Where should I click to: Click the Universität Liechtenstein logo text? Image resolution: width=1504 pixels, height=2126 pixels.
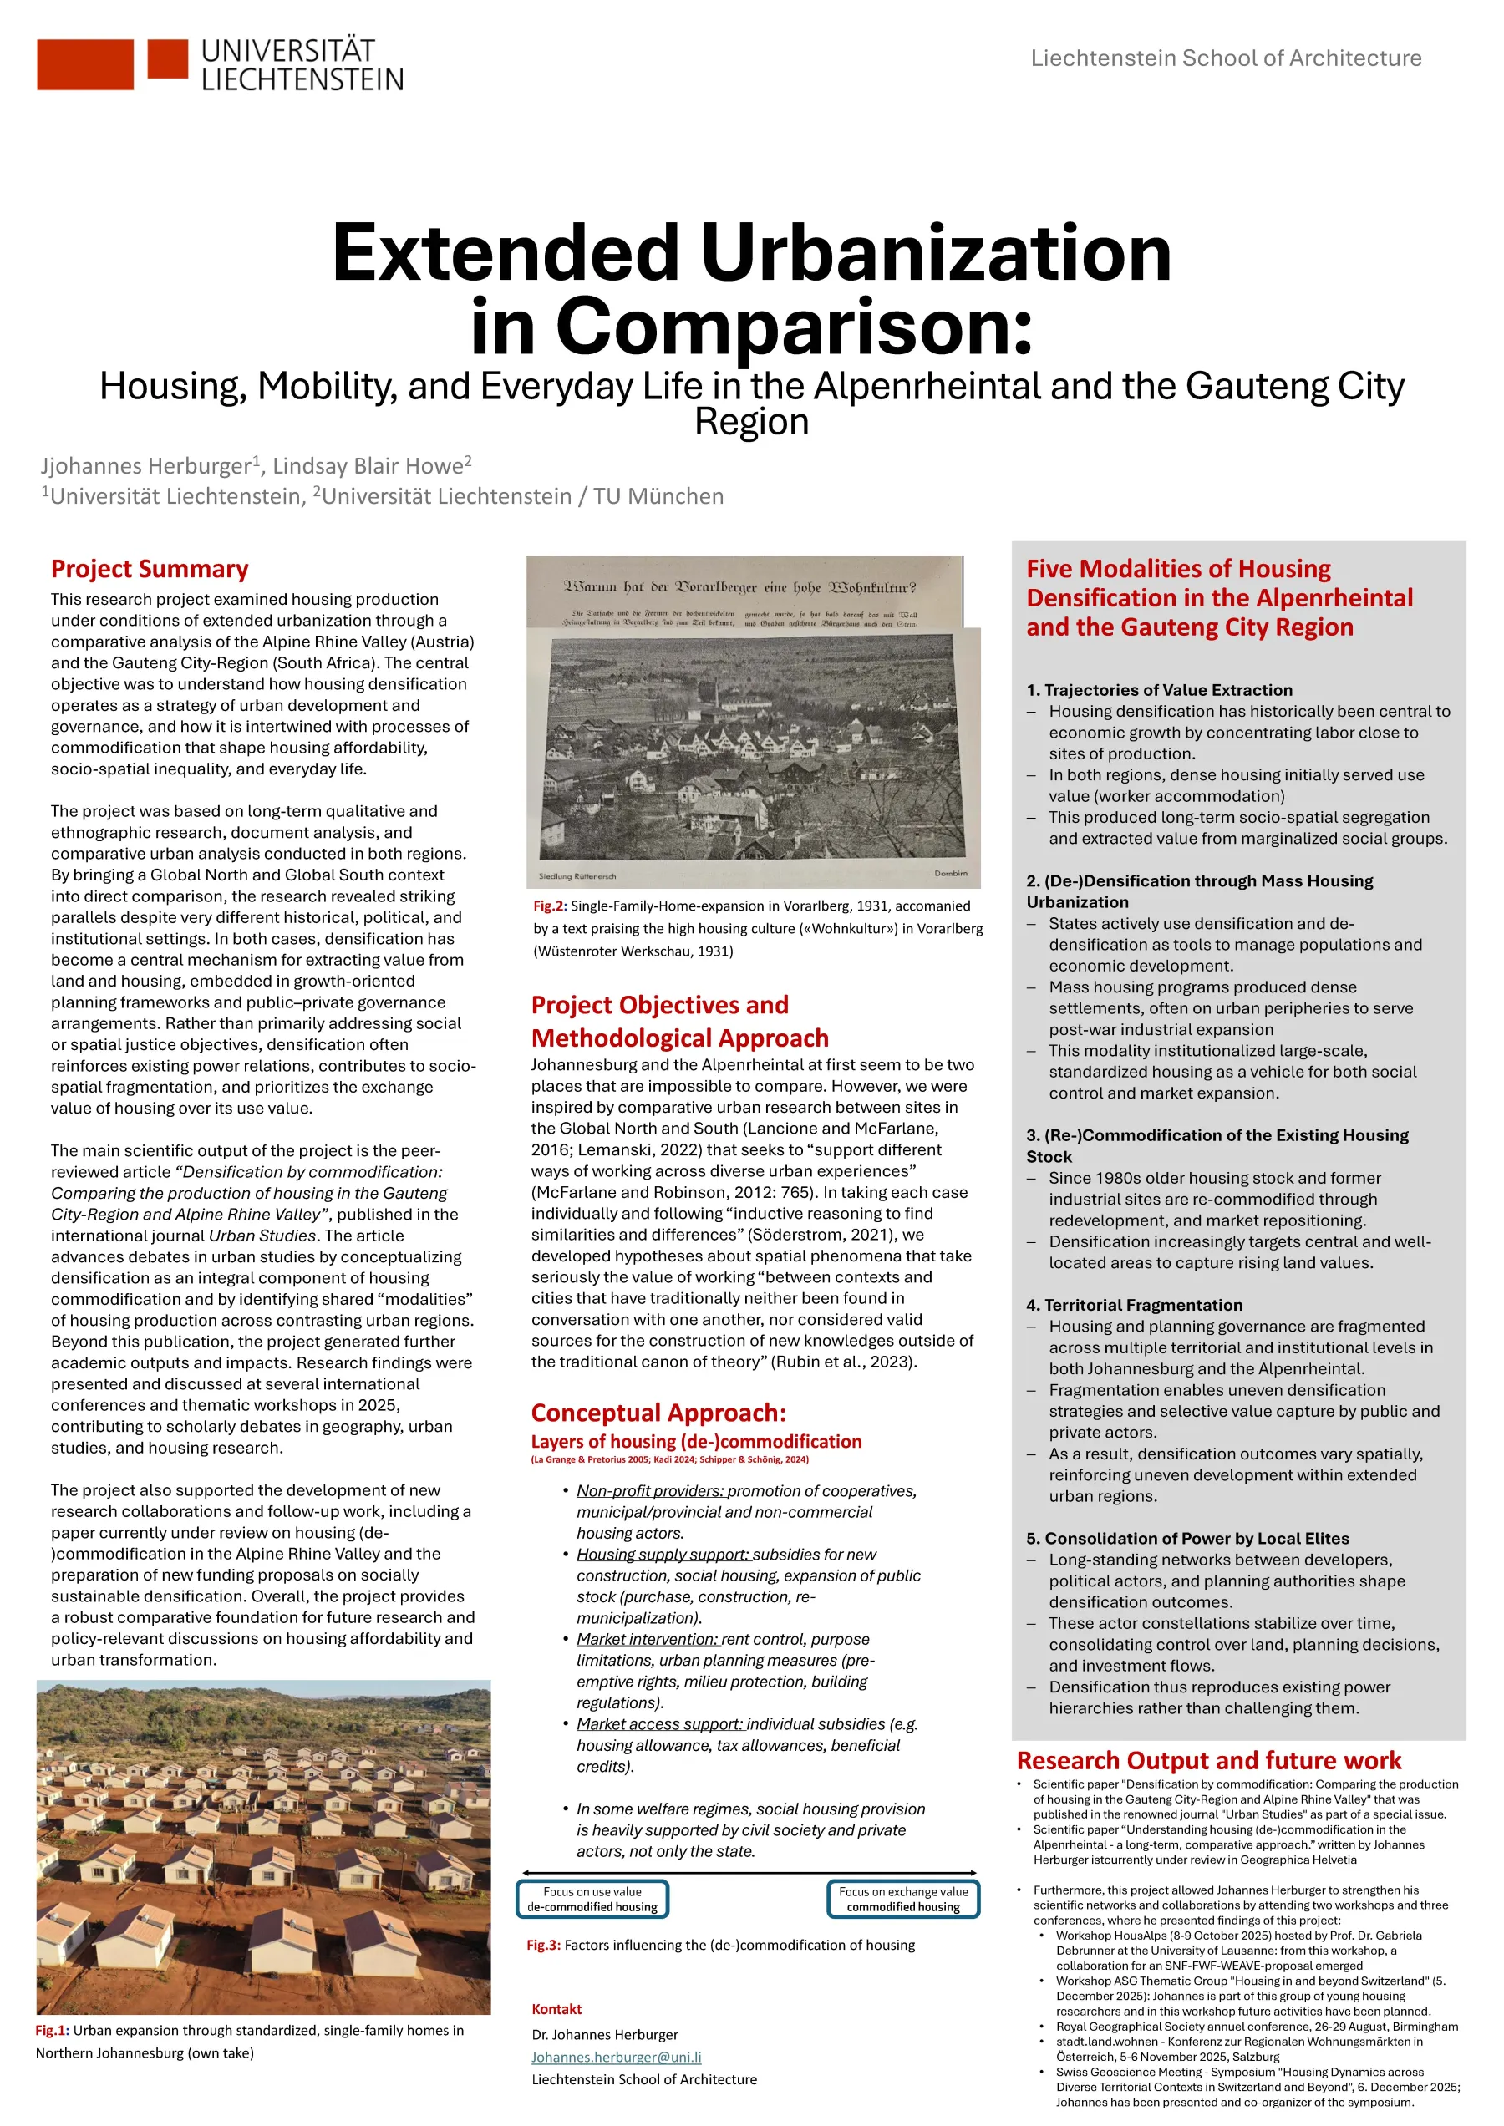point(302,65)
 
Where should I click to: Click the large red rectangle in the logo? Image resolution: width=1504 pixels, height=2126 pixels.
point(85,65)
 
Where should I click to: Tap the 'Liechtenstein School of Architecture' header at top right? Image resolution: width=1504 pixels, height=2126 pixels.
point(1225,58)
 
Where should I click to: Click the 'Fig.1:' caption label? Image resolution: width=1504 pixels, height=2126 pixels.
point(53,2031)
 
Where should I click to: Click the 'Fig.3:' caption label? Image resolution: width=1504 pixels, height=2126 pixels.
point(544,1946)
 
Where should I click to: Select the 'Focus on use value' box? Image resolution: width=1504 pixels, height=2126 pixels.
point(592,1899)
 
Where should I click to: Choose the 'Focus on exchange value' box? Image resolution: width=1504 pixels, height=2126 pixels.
point(903,1899)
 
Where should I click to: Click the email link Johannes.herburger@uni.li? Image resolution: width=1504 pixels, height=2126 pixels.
point(616,2057)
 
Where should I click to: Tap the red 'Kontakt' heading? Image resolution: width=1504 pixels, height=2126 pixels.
point(556,2009)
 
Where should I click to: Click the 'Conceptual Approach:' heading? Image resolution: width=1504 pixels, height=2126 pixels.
point(658,1413)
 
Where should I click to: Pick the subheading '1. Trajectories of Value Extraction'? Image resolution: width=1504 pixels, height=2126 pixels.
point(1159,690)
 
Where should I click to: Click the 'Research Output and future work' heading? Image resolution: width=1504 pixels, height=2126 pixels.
point(1208,1760)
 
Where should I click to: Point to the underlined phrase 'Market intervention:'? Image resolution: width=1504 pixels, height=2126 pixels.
point(647,1639)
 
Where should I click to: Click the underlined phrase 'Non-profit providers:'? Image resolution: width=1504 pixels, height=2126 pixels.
point(650,1491)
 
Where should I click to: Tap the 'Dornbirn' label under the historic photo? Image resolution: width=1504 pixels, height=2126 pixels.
point(950,873)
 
